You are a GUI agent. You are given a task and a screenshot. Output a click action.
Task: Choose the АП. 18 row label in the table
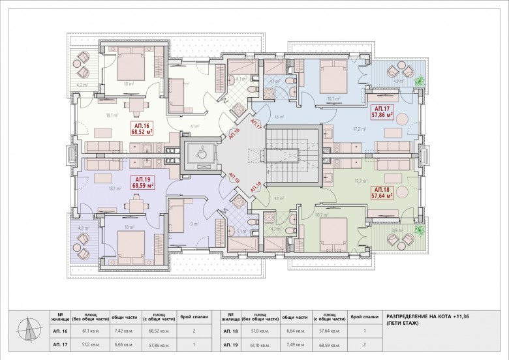point(232,331)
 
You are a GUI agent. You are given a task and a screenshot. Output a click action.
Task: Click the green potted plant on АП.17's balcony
point(419,80)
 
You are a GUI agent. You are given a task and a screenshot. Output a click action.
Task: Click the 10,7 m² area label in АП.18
point(321,215)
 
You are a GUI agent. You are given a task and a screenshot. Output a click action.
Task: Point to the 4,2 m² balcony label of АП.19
point(82,228)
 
